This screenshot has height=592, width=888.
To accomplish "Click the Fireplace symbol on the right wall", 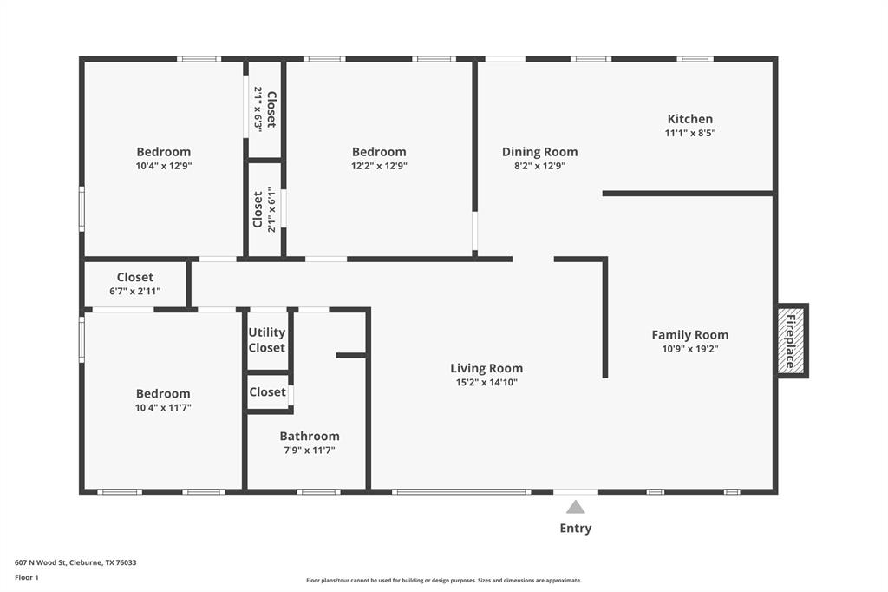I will tap(791, 340).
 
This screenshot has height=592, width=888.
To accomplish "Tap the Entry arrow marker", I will tap(576, 507).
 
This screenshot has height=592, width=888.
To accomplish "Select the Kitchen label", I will tap(690, 119).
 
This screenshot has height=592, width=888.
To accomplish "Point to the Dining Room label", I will tap(539, 152).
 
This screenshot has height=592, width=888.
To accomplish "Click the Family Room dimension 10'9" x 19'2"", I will tap(690, 349).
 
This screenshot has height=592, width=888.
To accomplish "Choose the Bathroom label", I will tap(310, 437).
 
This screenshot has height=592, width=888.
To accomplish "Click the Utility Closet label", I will tap(267, 340).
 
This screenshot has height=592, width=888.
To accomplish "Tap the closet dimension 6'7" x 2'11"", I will tap(135, 292).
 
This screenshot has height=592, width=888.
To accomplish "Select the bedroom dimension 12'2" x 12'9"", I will tap(379, 166).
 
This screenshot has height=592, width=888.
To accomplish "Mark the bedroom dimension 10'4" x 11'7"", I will tap(163, 407).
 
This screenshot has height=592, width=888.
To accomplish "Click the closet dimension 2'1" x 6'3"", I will tap(258, 109).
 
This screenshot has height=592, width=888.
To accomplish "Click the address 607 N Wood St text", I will tap(75, 562).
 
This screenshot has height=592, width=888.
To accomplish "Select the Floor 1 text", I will tap(28, 576).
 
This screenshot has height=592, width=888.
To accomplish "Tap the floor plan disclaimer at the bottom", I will tap(443, 581).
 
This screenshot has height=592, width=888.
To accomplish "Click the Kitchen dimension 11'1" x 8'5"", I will tap(690, 134).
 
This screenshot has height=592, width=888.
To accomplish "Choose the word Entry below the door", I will tap(576, 528).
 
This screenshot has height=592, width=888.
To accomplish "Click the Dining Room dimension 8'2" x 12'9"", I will tap(539, 166).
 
